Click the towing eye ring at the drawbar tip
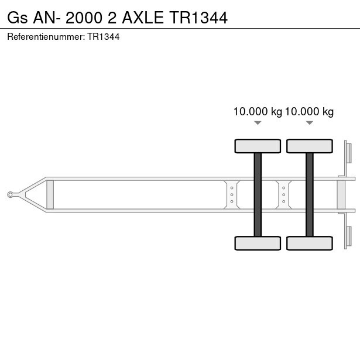pos(10,195)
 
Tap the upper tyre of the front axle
pos(258,146)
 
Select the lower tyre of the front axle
pos(258,243)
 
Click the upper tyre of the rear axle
pos(310,146)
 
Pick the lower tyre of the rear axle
pos(310,243)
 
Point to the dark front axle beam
pos(258,195)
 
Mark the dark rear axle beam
pos(310,195)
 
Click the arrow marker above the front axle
pos(258,123)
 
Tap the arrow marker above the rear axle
pos(310,123)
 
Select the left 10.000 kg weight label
pos(258,112)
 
